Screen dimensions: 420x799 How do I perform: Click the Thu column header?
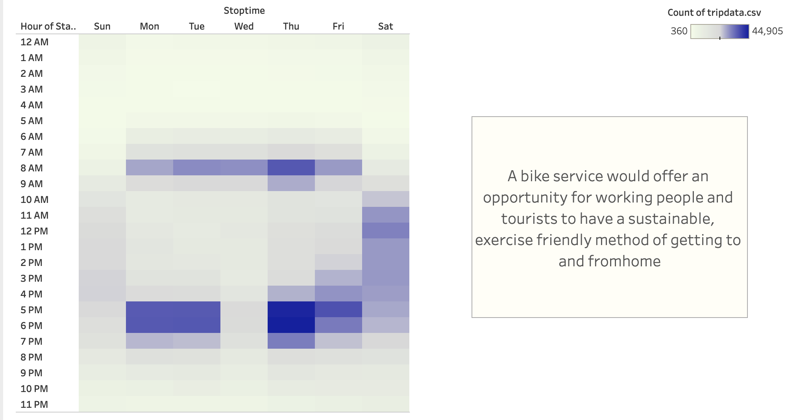[291, 26]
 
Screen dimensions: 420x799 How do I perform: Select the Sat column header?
[385, 26]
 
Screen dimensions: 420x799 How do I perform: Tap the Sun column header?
[102, 26]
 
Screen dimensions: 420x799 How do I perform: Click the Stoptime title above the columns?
[244, 11]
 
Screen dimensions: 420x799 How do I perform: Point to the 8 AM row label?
[31, 168]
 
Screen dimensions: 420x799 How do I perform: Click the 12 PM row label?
[34, 231]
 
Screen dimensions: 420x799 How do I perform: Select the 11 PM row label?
[34, 405]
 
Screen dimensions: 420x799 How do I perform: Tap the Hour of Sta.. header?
[48, 26]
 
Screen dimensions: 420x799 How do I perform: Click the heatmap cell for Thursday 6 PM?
[291, 325]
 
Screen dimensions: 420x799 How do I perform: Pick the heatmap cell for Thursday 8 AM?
[291, 167]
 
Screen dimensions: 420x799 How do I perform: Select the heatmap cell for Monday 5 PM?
[150, 309]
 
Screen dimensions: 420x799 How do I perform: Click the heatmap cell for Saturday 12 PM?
[386, 230]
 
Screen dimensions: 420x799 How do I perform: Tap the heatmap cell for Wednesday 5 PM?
[244, 309]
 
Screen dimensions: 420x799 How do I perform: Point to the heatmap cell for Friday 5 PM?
[338, 309]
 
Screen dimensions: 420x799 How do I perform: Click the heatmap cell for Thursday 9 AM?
[291, 183]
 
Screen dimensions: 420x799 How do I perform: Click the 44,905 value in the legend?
[767, 31]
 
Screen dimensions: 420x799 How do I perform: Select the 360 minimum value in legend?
[679, 31]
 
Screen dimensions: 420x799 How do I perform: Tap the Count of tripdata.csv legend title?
[714, 13]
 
